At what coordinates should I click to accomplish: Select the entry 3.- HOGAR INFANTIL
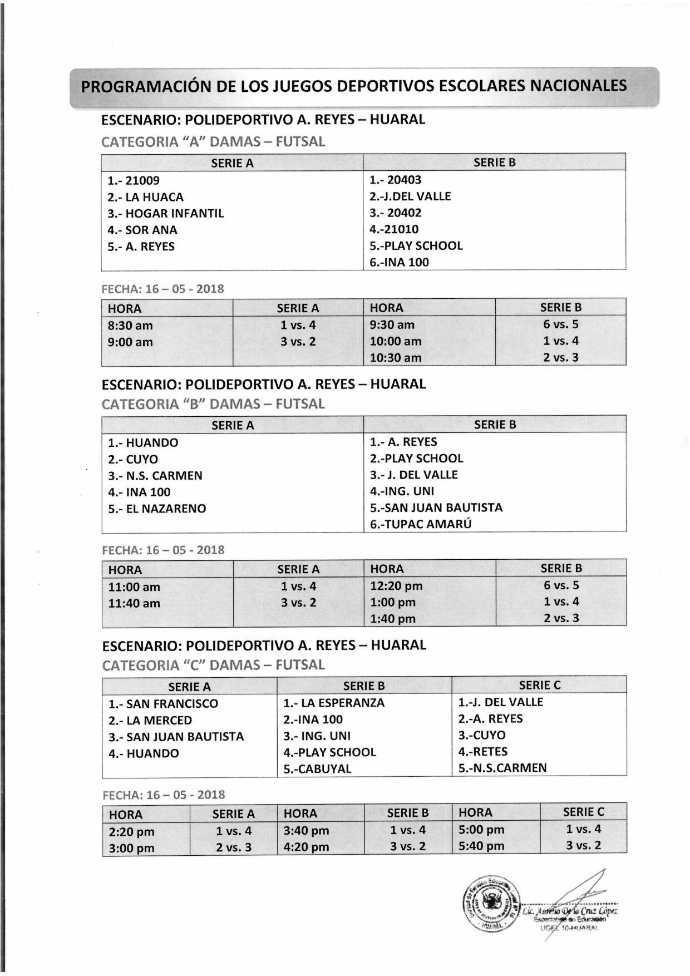[166, 214]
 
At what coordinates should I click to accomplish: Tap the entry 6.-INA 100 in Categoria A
[399, 263]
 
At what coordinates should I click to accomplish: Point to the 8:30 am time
[130, 326]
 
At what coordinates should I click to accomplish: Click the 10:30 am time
[396, 358]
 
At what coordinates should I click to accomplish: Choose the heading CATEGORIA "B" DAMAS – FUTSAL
[213, 404]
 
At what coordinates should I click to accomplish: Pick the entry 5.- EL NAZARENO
[157, 509]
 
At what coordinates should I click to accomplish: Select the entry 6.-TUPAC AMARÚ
[421, 524]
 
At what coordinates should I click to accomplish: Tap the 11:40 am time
[134, 603]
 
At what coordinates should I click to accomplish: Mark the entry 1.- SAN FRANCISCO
[163, 704]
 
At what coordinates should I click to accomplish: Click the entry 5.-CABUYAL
[317, 769]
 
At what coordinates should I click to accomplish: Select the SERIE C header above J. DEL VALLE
[539, 686]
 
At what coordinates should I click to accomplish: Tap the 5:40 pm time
[481, 846]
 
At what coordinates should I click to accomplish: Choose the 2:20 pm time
[132, 832]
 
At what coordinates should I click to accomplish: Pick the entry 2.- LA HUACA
[145, 197]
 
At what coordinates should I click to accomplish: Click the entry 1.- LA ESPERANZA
[333, 703]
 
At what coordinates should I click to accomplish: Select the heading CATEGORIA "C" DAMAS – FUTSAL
[214, 665]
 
